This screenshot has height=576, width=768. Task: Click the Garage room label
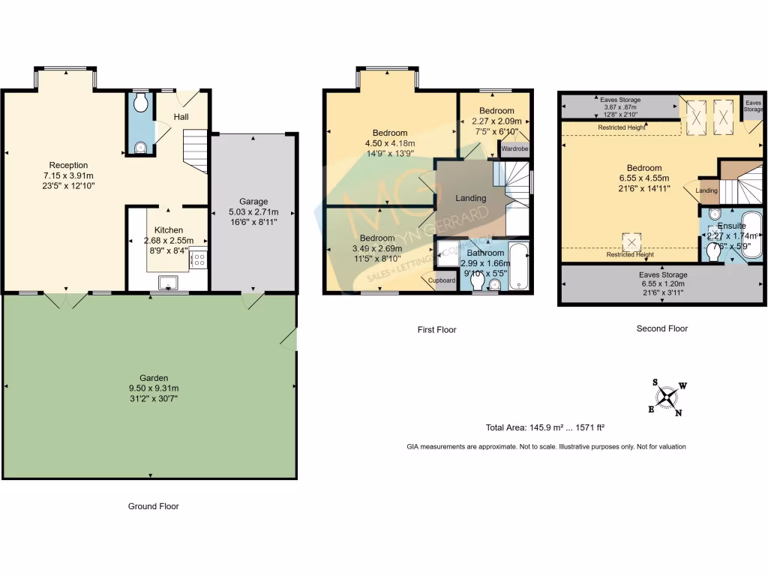coord(253,201)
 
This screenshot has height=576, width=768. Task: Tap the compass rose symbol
coord(667,397)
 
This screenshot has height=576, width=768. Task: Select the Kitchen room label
coord(169,229)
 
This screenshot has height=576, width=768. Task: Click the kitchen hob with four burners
coord(199,259)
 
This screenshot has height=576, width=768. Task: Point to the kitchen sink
coord(166,282)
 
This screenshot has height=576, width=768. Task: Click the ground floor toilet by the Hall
coord(139,104)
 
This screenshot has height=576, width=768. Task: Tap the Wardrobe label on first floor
coord(515,148)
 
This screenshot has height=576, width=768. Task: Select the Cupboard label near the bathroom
coord(442,280)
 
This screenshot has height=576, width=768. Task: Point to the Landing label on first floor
coord(471,198)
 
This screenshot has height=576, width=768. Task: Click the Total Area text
coord(545,427)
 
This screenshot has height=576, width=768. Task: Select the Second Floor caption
coord(661,328)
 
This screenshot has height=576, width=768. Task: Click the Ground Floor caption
coord(153,506)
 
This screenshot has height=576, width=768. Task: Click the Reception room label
coord(68,165)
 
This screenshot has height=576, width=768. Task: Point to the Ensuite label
coord(730,226)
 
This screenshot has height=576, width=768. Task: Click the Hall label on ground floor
coord(181,117)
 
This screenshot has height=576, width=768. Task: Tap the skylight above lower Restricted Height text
coord(631,241)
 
